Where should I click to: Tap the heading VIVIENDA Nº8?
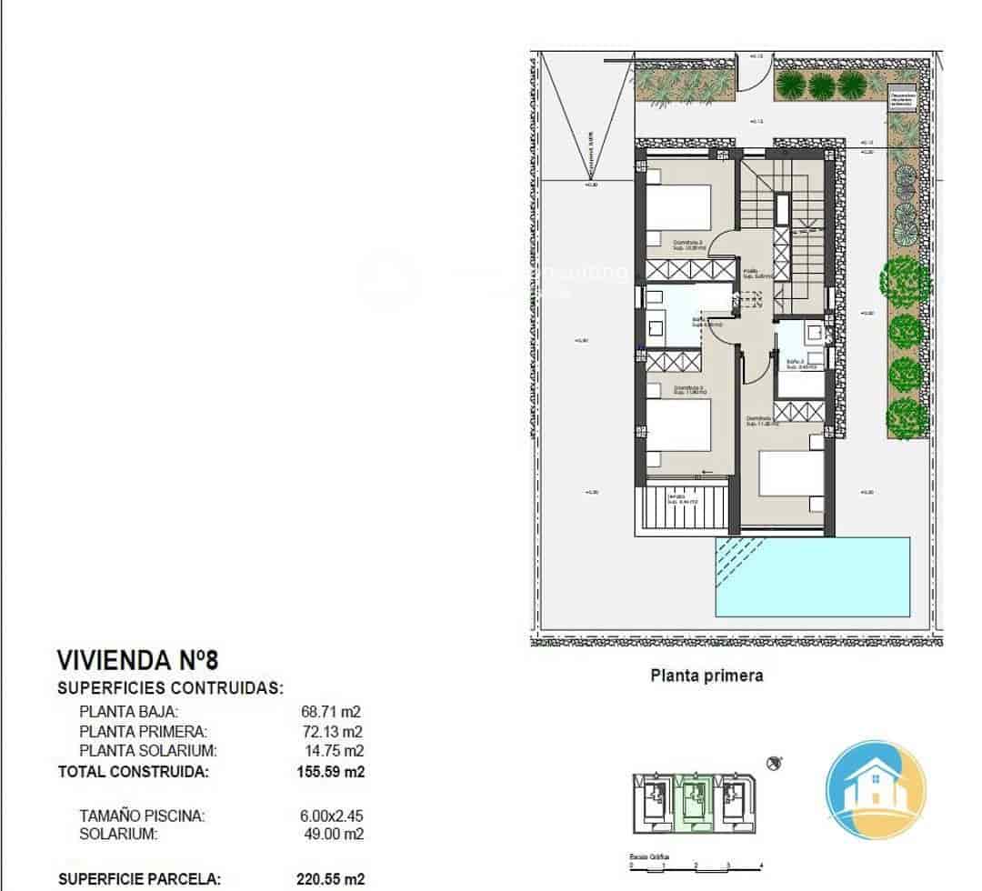pyautogui.click(x=137, y=659)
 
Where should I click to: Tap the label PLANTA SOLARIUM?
pyautogui.click(x=148, y=751)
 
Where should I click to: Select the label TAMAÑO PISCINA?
pyautogui.click(x=142, y=816)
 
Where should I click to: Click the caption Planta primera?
pyautogui.click(x=706, y=676)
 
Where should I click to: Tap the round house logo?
pyautogui.click(x=875, y=789)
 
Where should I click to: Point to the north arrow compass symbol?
pyautogui.click(x=775, y=763)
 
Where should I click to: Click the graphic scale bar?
pyautogui.click(x=696, y=867)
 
